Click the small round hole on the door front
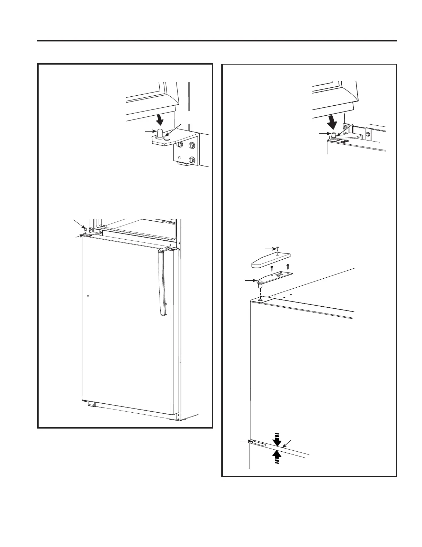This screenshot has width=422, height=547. point(88,296)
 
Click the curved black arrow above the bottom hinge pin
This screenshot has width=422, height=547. point(159,119)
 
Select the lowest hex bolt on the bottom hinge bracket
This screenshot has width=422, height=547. point(192,160)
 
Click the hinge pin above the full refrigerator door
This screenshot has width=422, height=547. point(84,229)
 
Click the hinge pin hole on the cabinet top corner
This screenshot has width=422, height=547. point(261,300)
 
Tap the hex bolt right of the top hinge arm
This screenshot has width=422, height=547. point(368,134)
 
